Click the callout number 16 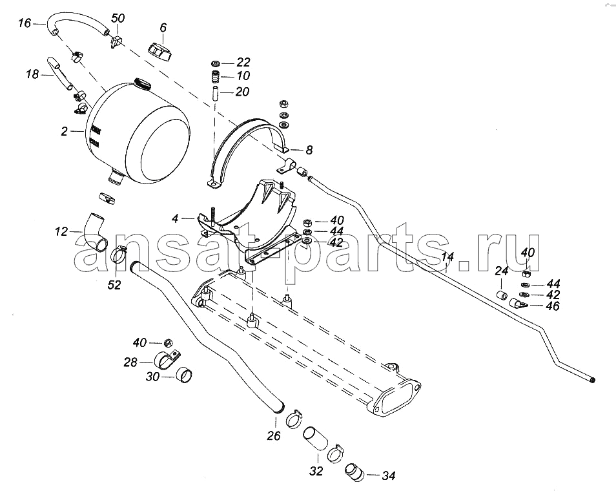pyautogui.click(x=25, y=24)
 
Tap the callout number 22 pyautogui.click(x=243, y=63)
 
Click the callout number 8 pyautogui.click(x=309, y=150)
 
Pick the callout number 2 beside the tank pyautogui.click(x=65, y=131)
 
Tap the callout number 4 pyautogui.click(x=175, y=218)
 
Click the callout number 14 pyautogui.click(x=447, y=257)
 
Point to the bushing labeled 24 pyautogui.click(x=501, y=295)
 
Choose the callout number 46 pyautogui.click(x=553, y=306)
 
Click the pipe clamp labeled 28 pyautogui.click(x=168, y=359)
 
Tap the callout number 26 pyautogui.click(x=274, y=435)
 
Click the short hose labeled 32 pyautogui.click(x=315, y=438)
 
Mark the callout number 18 pyautogui.click(x=33, y=74)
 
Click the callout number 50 pyautogui.click(x=118, y=18)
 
